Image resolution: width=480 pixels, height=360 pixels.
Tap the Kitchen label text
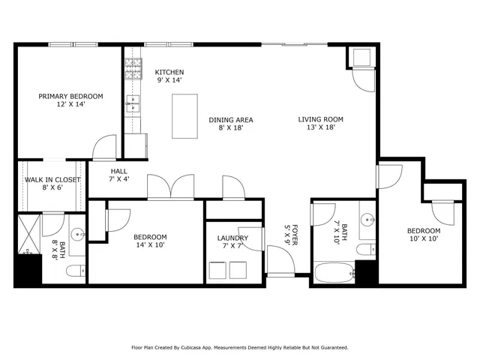[169, 72]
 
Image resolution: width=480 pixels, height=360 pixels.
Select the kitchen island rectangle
[184, 115]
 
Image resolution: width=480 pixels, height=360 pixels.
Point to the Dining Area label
[230, 119]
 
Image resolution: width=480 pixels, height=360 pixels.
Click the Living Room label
[320, 119]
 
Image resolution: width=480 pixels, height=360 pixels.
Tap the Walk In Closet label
[52, 180]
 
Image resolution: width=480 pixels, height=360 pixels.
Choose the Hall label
[118, 172]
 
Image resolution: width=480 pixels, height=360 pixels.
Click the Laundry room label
[232, 238]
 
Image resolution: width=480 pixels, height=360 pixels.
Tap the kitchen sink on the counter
[133, 103]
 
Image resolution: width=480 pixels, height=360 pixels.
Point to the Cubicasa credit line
[240, 347]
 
